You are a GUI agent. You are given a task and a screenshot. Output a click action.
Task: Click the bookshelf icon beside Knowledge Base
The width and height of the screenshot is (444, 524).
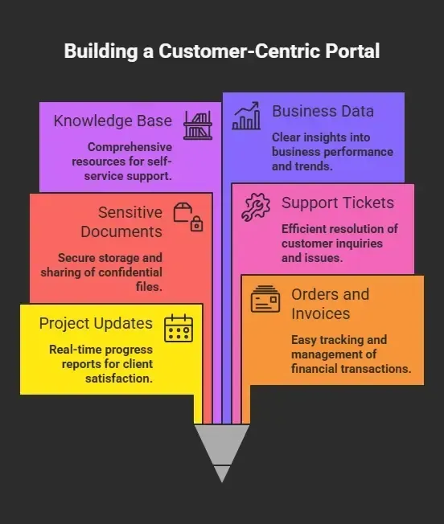[x=198, y=125]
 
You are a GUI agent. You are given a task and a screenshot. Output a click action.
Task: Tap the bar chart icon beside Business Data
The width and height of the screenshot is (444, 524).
[x=246, y=116]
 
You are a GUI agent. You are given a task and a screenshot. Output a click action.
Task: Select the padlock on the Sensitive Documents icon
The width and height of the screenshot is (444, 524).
[x=196, y=224]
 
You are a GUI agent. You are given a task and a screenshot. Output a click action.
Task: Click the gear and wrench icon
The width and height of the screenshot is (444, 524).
[x=256, y=207]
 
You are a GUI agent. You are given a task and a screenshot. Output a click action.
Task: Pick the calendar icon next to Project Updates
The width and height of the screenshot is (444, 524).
[x=179, y=328]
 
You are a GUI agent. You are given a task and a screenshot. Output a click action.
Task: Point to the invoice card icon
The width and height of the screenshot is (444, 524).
[x=265, y=299]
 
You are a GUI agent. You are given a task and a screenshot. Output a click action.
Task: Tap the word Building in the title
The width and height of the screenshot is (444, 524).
[x=101, y=51]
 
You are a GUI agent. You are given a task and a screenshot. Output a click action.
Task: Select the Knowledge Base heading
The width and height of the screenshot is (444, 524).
[x=113, y=121]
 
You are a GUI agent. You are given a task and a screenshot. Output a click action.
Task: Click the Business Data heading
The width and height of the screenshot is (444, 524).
[x=323, y=111]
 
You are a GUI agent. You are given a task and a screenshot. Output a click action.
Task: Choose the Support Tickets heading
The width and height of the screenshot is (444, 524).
[x=338, y=203]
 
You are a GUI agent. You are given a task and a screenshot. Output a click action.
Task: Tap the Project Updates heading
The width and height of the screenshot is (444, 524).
[x=96, y=324]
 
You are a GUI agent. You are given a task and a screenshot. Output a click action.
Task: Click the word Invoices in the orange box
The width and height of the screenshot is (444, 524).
[x=320, y=313]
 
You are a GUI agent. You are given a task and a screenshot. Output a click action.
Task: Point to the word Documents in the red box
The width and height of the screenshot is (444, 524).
[x=121, y=231]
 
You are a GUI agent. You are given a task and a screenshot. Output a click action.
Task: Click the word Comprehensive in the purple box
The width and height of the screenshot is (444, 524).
[x=129, y=147]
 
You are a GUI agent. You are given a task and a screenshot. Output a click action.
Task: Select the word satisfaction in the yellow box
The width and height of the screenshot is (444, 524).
[x=119, y=379]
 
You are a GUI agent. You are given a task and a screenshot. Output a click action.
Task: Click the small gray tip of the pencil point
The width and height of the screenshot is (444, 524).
[x=222, y=474]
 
